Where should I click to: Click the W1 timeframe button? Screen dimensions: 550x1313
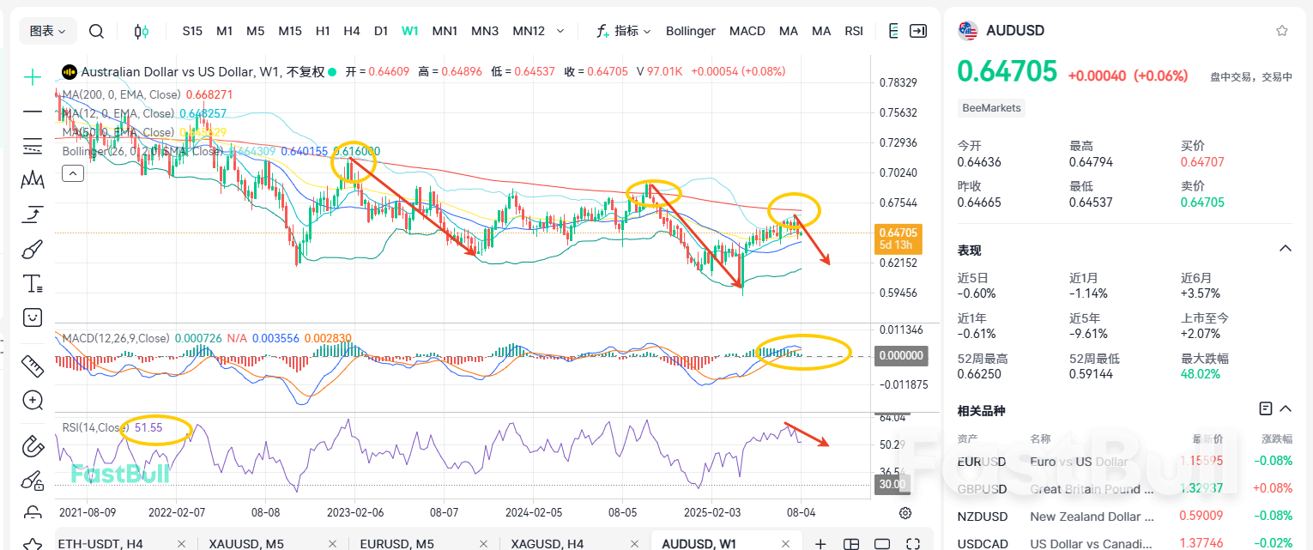point(409,31)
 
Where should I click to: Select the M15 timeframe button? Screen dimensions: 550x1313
point(290,31)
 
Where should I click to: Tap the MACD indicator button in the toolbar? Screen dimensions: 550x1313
point(747,31)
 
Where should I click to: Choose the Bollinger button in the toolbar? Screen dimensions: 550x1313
point(690,31)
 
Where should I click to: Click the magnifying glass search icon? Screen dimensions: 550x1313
point(96,32)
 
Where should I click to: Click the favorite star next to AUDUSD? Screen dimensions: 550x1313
point(1282,31)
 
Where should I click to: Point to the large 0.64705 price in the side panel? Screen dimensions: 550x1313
point(1007,71)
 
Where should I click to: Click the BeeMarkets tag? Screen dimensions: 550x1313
point(991,108)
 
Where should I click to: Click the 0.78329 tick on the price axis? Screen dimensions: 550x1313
point(898,83)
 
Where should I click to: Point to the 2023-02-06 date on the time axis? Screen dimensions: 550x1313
point(355,511)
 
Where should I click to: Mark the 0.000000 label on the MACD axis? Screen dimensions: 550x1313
point(900,355)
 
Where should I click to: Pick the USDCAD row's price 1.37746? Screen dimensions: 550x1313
point(1203,543)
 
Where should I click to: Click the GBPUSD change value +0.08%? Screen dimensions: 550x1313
point(1274,488)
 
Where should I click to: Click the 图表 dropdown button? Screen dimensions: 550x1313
point(48,31)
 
